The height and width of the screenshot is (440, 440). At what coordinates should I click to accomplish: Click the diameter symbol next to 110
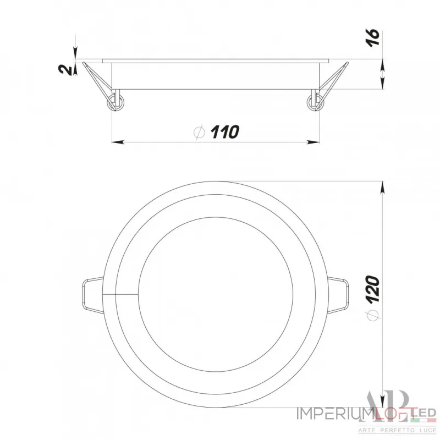click(200, 132)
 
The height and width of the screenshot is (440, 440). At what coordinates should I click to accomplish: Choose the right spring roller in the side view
click(315, 102)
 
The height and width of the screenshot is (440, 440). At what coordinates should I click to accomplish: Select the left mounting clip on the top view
click(91, 294)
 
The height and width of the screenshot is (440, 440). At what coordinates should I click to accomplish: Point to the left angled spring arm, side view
click(96, 80)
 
